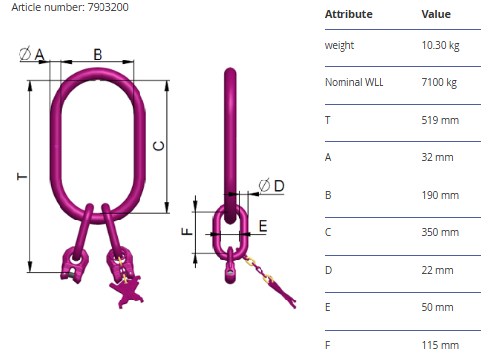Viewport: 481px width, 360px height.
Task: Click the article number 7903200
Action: [x=107, y=7]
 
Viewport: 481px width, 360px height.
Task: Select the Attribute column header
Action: [x=348, y=14]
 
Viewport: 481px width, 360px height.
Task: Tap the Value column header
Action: [x=436, y=14]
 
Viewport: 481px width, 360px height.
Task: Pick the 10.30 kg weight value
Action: [x=440, y=45]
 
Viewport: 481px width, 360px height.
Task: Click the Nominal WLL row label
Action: [x=354, y=82]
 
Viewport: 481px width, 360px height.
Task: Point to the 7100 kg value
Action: [x=439, y=82]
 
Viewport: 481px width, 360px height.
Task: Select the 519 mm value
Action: [x=440, y=120]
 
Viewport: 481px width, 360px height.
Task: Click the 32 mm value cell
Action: [x=437, y=157]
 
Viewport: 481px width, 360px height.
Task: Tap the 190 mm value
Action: [x=440, y=195]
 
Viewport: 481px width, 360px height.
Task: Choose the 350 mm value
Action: [x=440, y=232]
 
